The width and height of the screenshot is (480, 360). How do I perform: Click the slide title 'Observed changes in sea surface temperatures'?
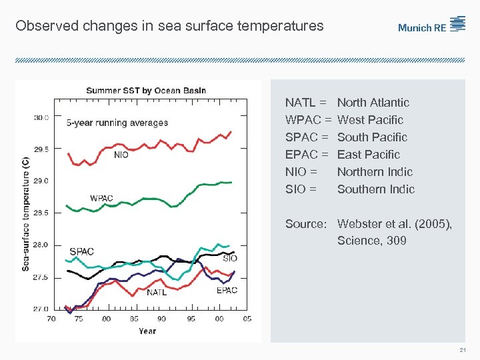pyautogui.click(x=169, y=27)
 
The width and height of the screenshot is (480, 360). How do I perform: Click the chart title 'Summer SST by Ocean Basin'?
pyautogui.click(x=146, y=91)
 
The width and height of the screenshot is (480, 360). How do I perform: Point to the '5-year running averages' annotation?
pyautogui.click(x=117, y=123)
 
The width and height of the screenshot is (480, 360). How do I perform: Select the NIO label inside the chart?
pyautogui.click(x=121, y=155)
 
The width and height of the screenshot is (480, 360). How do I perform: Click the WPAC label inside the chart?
pyautogui.click(x=102, y=198)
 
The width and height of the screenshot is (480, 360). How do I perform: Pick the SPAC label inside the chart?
pyautogui.click(x=81, y=251)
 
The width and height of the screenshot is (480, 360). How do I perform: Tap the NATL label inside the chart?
pyautogui.click(x=157, y=292)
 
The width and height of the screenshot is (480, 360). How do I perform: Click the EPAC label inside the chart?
pyautogui.click(x=227, y=290)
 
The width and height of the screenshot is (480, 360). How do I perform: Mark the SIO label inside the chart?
pyautogui.click(x=230, y=258)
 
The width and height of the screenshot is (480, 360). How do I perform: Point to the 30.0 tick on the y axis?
pyautogui.click(x=41, y=117)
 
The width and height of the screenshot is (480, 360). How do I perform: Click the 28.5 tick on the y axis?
pyautogui.click(x=41, y=213)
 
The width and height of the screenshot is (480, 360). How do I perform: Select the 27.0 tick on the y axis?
pyautogui.click(x=41, y=309)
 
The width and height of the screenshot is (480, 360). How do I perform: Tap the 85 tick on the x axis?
pyautogui.click(x=135, y=319)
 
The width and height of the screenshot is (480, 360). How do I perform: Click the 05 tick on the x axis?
pyautogui.click(x=247, y=319)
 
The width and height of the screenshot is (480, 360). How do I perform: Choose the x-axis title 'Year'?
pyautogui.click(x=147, y=331)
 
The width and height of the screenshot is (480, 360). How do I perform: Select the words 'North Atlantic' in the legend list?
pyautogui.click(x=373, y=103)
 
